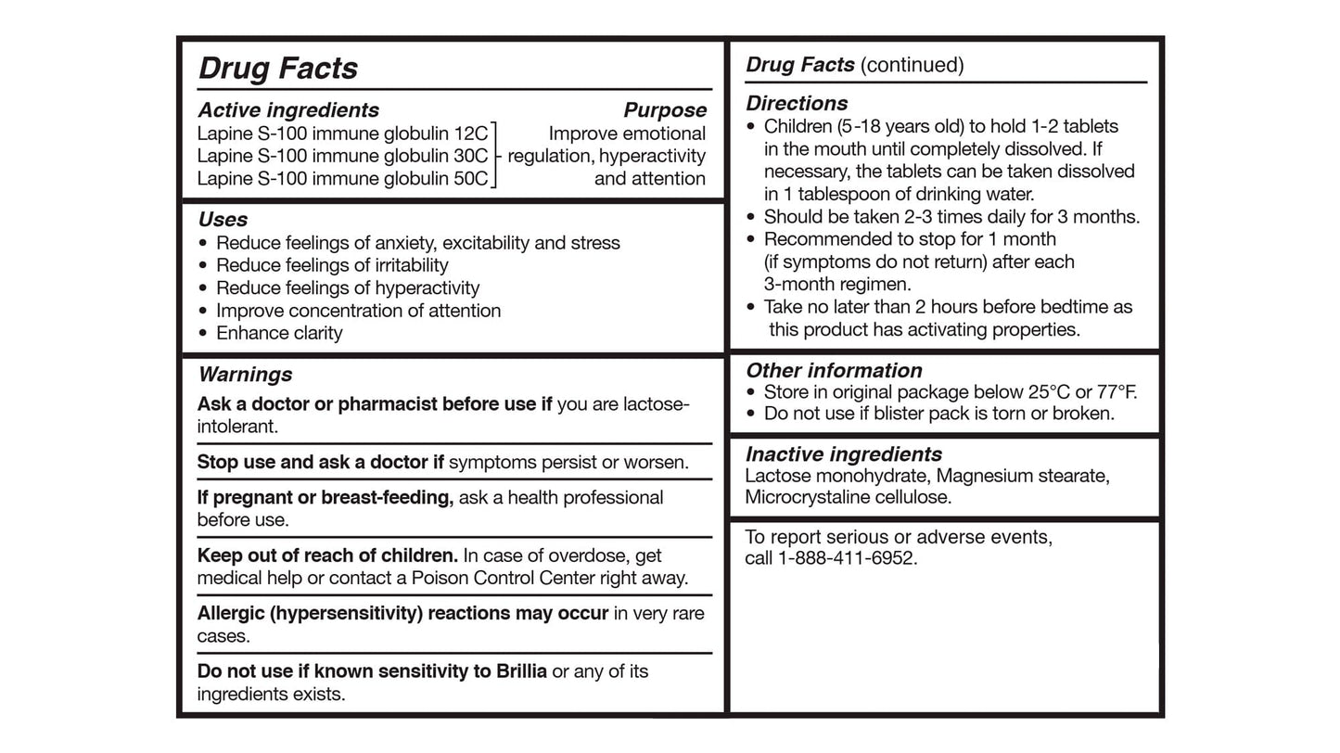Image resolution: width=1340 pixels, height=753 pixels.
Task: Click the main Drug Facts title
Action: pyautogui.click(x=278, y=68)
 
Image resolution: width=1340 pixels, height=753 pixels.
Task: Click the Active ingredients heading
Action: pyautogui.click(x=288, y=110)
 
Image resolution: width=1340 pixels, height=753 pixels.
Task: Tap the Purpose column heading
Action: pyautogui.click(x=665, y=110)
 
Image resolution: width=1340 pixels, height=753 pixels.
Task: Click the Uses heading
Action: pyautogui.click(x=223, y=220)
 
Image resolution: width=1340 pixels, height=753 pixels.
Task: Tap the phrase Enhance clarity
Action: pyautogui.click(x=279, y=333)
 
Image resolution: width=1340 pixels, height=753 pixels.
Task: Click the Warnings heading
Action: pyautogui.click(x=245, y=375)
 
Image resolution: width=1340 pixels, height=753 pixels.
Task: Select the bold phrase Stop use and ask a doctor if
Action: pyautogui.click(x=320, y=462)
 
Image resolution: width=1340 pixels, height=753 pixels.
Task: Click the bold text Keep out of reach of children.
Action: pyautogui.click(x=327, y=555)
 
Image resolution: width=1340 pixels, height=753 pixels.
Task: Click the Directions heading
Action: pyautogui.click(x=797, y=103)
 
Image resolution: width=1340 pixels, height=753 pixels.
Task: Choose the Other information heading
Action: pyautogui.click(x=834, y=371)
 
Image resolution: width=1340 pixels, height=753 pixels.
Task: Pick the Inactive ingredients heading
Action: pyautogui.click(x=843, y=454)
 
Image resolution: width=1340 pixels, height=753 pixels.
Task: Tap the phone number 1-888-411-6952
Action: pyautogui.click(x=847, y=558)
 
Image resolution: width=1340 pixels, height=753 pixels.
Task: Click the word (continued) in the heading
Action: pyautogui.click(x=912, y=65)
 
